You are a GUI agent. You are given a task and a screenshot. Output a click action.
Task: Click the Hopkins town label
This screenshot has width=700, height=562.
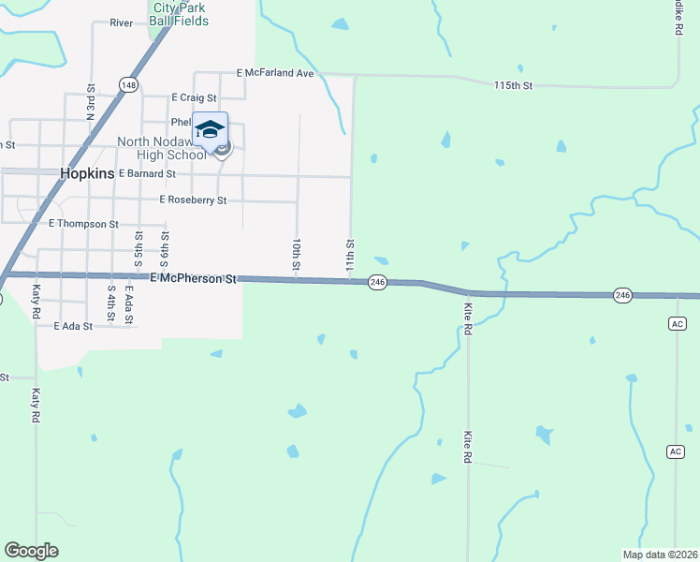[86, 173]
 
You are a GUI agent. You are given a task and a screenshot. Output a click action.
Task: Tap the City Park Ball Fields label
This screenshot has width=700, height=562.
[182, 14]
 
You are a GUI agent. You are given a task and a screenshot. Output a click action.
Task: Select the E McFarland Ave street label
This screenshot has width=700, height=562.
[275, 72]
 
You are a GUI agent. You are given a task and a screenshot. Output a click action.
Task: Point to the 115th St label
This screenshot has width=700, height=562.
[513, 85]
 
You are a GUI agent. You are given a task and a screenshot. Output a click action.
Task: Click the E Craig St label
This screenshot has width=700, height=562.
[195, 97]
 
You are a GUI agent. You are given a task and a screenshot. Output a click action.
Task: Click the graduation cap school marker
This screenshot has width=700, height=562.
[211, 128]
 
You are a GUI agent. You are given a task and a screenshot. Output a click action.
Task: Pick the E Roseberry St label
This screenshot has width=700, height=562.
[193, 200]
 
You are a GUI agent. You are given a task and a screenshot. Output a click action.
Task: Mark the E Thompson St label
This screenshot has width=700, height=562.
[83, 225]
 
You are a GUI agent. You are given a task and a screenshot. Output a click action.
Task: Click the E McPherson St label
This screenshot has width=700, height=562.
[193, 278]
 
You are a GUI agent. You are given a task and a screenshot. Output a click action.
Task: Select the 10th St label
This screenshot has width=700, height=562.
[296, 254]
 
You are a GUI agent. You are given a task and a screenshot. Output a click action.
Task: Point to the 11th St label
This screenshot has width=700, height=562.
[350, 254]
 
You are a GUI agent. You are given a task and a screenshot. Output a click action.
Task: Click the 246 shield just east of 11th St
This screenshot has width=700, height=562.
[377, 281]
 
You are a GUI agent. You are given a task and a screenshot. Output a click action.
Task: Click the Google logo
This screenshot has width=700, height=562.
[31, 551]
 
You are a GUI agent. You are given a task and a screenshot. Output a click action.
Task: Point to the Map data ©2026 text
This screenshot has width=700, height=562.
[660, 554]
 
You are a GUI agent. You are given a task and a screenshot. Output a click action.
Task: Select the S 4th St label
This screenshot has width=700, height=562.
[110, 304]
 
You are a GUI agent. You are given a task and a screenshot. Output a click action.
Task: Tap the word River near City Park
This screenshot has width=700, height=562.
[122, 22]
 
